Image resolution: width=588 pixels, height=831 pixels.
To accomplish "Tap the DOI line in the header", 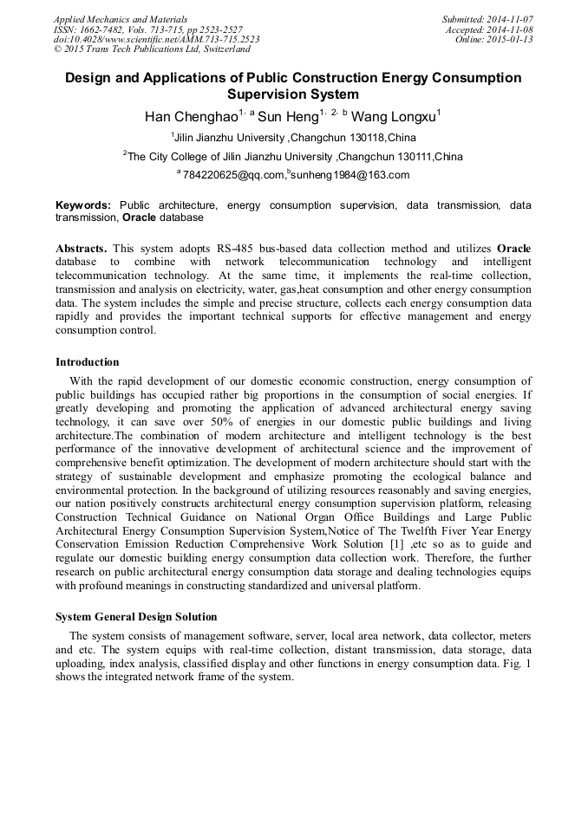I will pos(156,39).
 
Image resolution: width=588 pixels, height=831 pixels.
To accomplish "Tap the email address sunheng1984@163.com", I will pos(350,176).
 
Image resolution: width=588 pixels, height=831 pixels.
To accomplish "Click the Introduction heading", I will pos(88,362).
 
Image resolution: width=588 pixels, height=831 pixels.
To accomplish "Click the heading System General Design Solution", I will pos(136,617).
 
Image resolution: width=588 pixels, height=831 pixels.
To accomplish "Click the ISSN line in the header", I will pos(147,29).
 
